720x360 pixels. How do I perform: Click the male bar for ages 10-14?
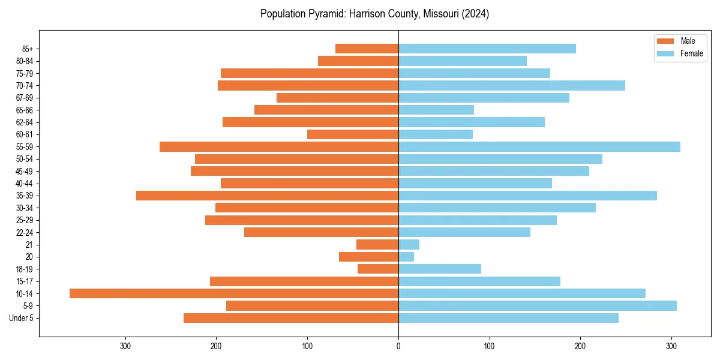point(234,293)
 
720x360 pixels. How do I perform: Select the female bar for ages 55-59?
point(539,147)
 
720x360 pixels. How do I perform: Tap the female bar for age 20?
point(406,257)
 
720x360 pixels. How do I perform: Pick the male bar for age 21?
point(377,245)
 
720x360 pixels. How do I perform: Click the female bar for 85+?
point(487,49)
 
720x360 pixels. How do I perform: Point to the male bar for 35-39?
point(267,196)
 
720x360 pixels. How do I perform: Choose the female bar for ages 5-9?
point(538,306)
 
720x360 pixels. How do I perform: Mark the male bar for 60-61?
point(353,134)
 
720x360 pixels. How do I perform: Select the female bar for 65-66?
point(436,110)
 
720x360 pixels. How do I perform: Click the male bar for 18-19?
point(378,269)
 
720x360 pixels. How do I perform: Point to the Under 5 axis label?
point(21,318)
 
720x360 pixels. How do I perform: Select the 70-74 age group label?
point(24,86)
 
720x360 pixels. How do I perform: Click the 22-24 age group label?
point(24,232)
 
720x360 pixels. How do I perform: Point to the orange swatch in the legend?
point(666,41)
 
